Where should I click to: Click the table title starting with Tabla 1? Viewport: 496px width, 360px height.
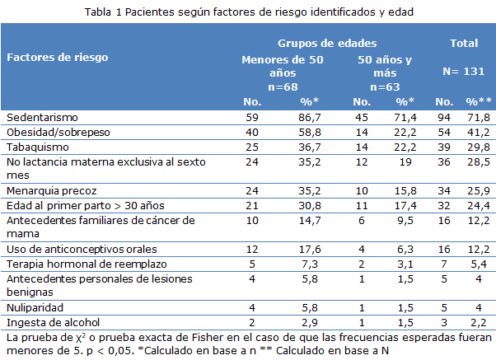point(247,12)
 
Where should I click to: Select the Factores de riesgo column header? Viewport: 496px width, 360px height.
point(58,58)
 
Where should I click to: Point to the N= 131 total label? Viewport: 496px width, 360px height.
point(463,71)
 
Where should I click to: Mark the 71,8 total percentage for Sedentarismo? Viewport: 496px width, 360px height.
point(479,118)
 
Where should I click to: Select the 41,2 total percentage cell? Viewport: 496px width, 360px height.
point(479,132)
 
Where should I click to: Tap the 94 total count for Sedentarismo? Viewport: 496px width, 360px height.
point(443,118)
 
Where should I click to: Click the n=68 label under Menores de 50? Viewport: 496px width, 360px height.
point(283,86)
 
